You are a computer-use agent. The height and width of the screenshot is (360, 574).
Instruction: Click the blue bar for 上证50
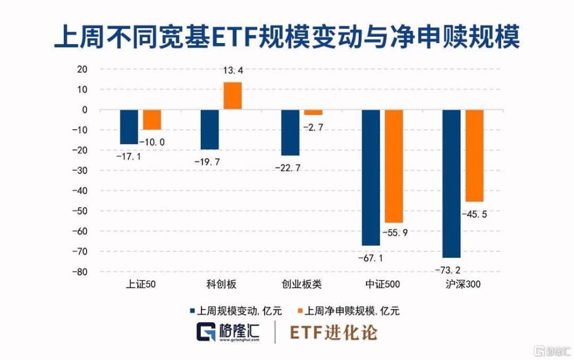pos(129,126)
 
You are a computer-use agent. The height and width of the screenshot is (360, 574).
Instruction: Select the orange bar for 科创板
pos(232,96)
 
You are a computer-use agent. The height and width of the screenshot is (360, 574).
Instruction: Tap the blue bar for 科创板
pos(210,129)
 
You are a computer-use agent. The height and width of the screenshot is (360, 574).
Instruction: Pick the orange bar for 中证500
pos(394,166)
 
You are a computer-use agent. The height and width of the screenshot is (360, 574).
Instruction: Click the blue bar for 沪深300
pos(452,183)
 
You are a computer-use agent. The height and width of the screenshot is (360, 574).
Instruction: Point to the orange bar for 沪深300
pos(475,156)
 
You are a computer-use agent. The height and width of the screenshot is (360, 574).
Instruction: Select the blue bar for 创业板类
pos(290,132)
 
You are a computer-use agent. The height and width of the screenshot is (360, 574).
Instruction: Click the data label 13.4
pos(232,71)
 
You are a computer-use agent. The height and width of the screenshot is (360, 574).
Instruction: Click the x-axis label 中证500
pos(382,284)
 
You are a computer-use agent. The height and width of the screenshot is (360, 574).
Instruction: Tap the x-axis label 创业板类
pos(302,284)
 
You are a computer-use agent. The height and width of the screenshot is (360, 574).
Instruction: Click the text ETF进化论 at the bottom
pos(333,332)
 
